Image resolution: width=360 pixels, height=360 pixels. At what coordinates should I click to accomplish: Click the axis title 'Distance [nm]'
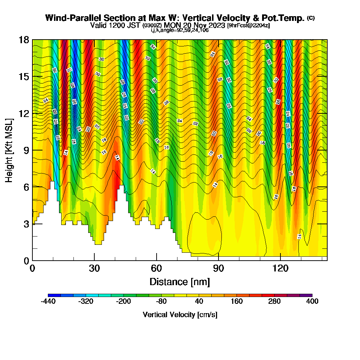pyautogui.click(x=180, y=282)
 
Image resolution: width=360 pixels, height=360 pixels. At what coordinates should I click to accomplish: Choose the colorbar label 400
pyautogui.click(x=312, y=302)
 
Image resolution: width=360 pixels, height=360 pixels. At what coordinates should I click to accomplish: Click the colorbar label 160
pyautogui.click(x=237, y=302)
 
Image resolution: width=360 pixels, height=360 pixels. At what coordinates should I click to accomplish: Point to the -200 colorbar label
pyautogui.click(x=123, y=302)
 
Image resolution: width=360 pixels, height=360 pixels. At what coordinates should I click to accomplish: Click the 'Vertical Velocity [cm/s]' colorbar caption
pyautogui.click(x=180, y=315)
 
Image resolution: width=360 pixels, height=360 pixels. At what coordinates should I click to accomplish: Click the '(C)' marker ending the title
pyautogui.click(x=311, y=18)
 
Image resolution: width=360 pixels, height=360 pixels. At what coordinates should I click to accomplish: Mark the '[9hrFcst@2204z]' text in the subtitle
pyautogui.click(x=248, y=26)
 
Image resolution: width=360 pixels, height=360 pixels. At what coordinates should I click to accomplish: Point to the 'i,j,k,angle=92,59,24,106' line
pyautogui.click(x=180, y=30)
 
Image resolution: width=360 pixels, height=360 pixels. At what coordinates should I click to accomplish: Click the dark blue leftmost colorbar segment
pyautogui.click(x=54, y=295)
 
